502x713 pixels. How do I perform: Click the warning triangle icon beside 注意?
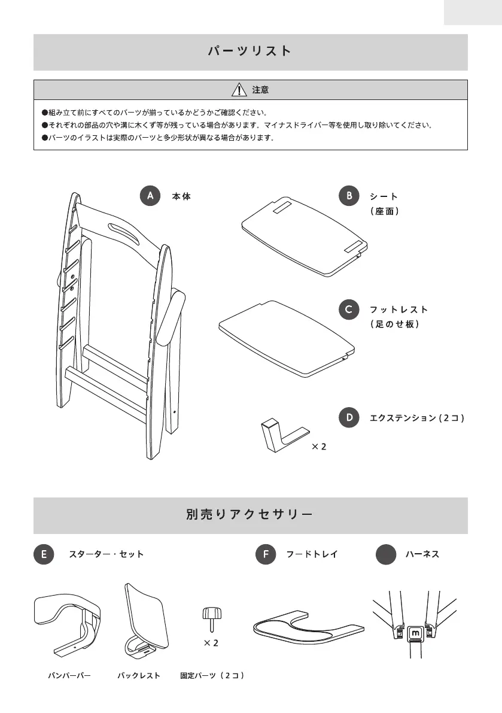click(x=239, y=90)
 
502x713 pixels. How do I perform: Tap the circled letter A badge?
click(x=150, y=196)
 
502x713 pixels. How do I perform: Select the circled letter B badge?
click(x=348, y=196)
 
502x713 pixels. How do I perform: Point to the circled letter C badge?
click(x=348, y=309)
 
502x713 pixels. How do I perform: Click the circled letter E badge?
click(x=44, y=554)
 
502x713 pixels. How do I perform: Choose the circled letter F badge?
click(x=265, y=554)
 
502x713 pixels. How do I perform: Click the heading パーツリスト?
click(x=250, y=51)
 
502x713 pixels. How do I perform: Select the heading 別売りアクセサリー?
click(x=250, y=515)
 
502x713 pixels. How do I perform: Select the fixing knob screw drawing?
click(x=212, y=617)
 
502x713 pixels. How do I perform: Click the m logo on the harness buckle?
click(x=416, y=633)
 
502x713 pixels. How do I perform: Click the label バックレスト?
click(x=139, y=675)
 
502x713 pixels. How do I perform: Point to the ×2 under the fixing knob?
click(x=211, y=643)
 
